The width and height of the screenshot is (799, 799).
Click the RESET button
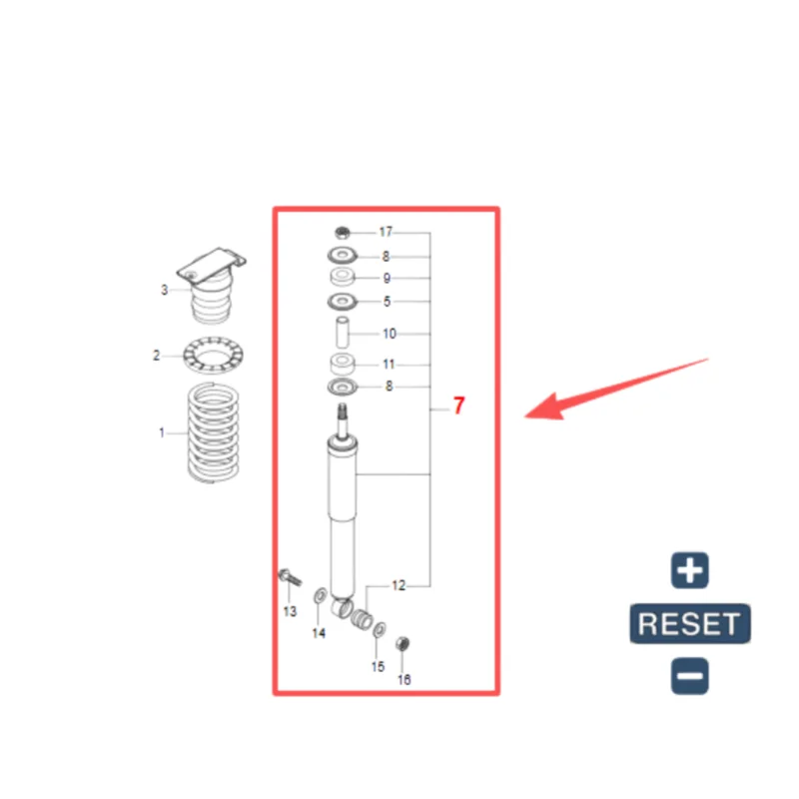pos(690,623)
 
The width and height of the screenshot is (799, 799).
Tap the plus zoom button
pos(690,570)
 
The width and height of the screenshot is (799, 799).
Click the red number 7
pos(458,405)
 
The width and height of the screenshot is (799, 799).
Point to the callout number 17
pos(386,232)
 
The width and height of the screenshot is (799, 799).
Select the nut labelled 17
pos(343,233)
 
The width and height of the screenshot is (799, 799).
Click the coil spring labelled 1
pos(213,433)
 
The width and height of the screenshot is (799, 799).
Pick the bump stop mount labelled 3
pos(211,286)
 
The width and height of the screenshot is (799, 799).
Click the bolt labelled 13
pos(290,577)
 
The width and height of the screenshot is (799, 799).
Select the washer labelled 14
pos(321,594)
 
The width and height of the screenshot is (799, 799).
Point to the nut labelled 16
pos(402,644)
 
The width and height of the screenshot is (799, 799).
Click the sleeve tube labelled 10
pos(343,333)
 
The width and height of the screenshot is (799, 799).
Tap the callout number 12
pos(399,585)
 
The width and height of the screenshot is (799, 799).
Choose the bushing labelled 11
pos(343,364)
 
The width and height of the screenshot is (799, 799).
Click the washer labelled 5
pos(343,302)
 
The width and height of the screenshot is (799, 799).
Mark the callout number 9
pos(387,279)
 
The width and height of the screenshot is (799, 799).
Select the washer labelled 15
pos(380,630)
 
